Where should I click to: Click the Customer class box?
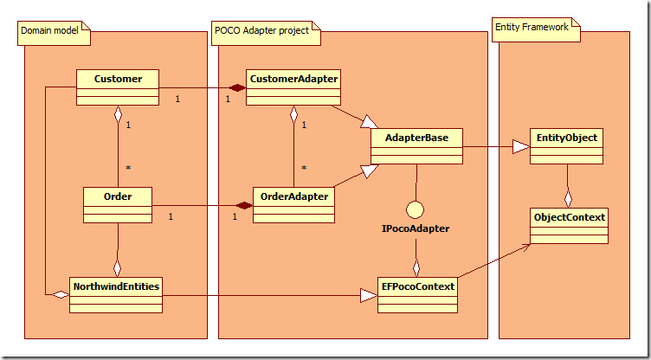pyautogui.click(x=118, y=87)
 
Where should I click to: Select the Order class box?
pyautogui.click(x=118, y=203)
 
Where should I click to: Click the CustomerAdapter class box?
pyautogui.click(x=293, y=87)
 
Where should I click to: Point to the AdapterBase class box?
pyautogui.click(x=416, y=146)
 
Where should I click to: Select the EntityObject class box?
pyautogui.click(x=567, y=146)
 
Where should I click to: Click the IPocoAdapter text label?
pyautogui.click(x=416, y=230)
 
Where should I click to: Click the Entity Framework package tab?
pyautogui.click(x=532, y=27)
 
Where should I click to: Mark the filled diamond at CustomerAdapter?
pyautogui.click(x=235, y=87)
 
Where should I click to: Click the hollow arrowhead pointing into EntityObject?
pyautogui.click(x=521, y=146)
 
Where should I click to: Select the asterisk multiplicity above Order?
pyautogui.click(x=127, y=168)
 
